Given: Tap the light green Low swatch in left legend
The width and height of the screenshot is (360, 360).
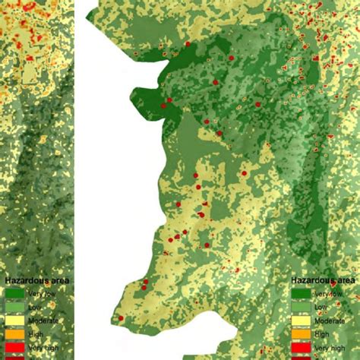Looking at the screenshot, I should [15, 306].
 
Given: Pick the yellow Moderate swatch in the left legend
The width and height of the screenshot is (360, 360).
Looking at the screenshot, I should [15, 320].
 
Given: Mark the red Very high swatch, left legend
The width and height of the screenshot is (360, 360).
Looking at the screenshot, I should [15, 347].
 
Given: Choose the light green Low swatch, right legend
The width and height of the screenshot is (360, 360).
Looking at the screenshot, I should [301, 306].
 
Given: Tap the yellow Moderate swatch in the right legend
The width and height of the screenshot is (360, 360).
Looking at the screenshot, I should [301, 320].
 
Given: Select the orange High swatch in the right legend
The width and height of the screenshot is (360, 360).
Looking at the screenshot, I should [301, 333].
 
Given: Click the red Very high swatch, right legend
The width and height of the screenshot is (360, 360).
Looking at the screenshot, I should [301, 347].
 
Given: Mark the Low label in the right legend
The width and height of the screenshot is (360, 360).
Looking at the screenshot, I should [321, 307].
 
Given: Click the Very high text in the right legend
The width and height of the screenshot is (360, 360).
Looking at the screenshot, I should [330, 347].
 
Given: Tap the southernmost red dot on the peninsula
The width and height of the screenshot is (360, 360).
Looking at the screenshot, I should [121, 318].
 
